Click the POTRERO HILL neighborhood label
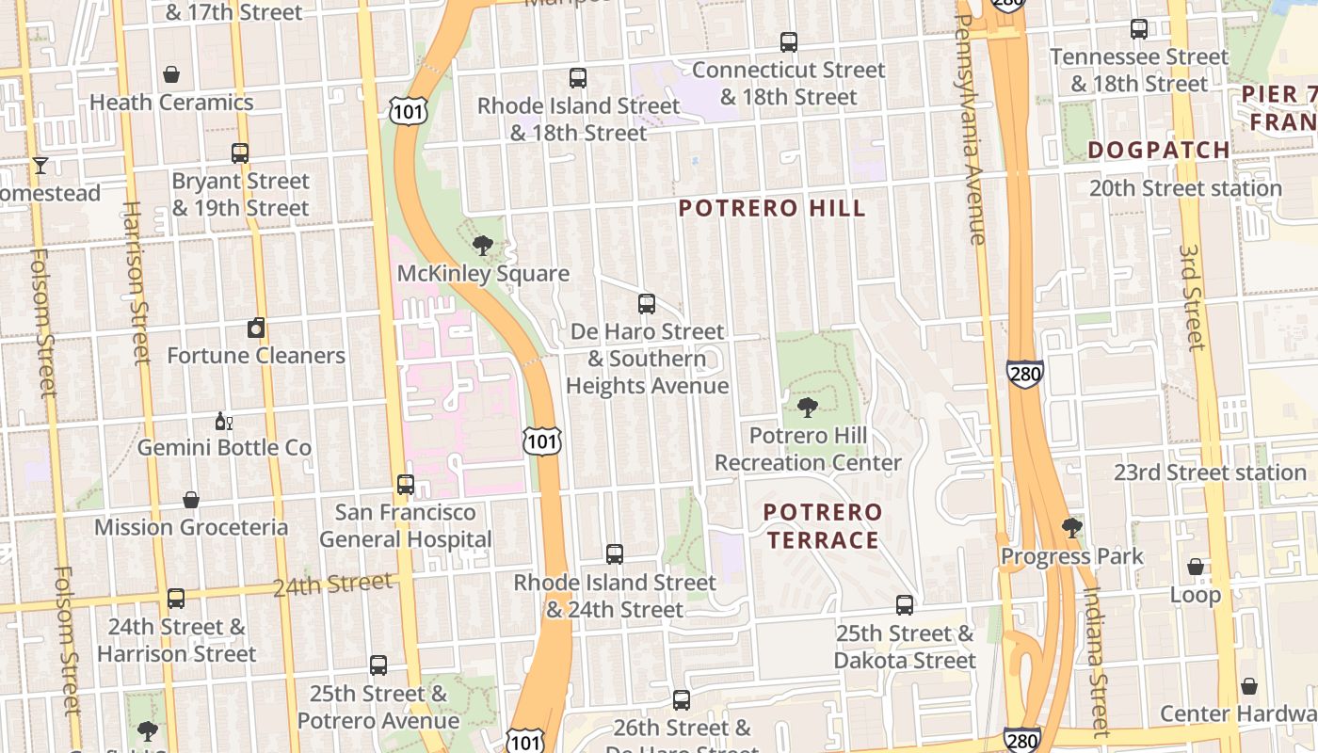tap(772, 208)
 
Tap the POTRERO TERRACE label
tap(823, 526)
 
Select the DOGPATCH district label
tap(1158, 150)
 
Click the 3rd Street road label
tap(1191, 297)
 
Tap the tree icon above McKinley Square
tap(483, 247)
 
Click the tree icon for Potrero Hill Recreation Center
tap(807, 408)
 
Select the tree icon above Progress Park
tap(1071, 527)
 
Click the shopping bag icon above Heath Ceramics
tap(171, 74)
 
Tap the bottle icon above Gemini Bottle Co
tap(223, 421)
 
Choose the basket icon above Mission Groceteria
tap(191, 500)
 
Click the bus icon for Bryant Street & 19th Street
tap(240, 153)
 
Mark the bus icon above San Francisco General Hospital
tap(406, 485)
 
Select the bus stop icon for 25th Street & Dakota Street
tap(905, 605)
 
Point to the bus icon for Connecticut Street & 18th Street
tap(789, 42)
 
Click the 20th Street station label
tap(1184, 188)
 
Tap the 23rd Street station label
tap(1209, 473)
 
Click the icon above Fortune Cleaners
tap(256, 328)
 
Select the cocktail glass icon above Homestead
tap(40, 166)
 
